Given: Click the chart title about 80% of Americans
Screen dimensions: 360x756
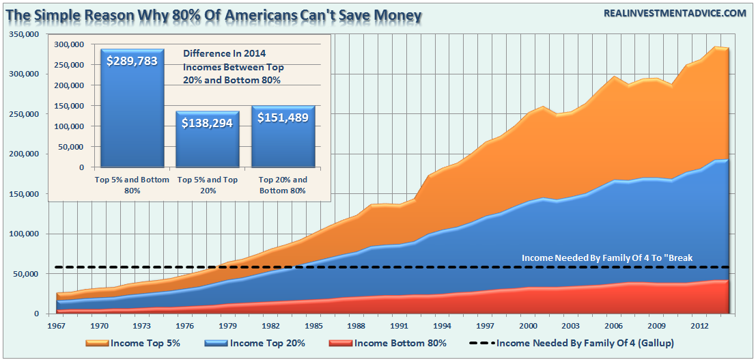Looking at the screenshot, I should pos(214,13).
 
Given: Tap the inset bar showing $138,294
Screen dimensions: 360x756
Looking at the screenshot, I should pos(208,139).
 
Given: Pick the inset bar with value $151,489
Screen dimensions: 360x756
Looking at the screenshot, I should pos(283,136).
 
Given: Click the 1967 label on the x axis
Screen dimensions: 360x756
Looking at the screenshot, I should pos(57,327).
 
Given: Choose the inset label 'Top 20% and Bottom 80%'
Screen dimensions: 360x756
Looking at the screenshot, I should pos(283,185).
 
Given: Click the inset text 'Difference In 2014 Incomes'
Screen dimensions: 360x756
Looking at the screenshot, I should pos(233,68).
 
